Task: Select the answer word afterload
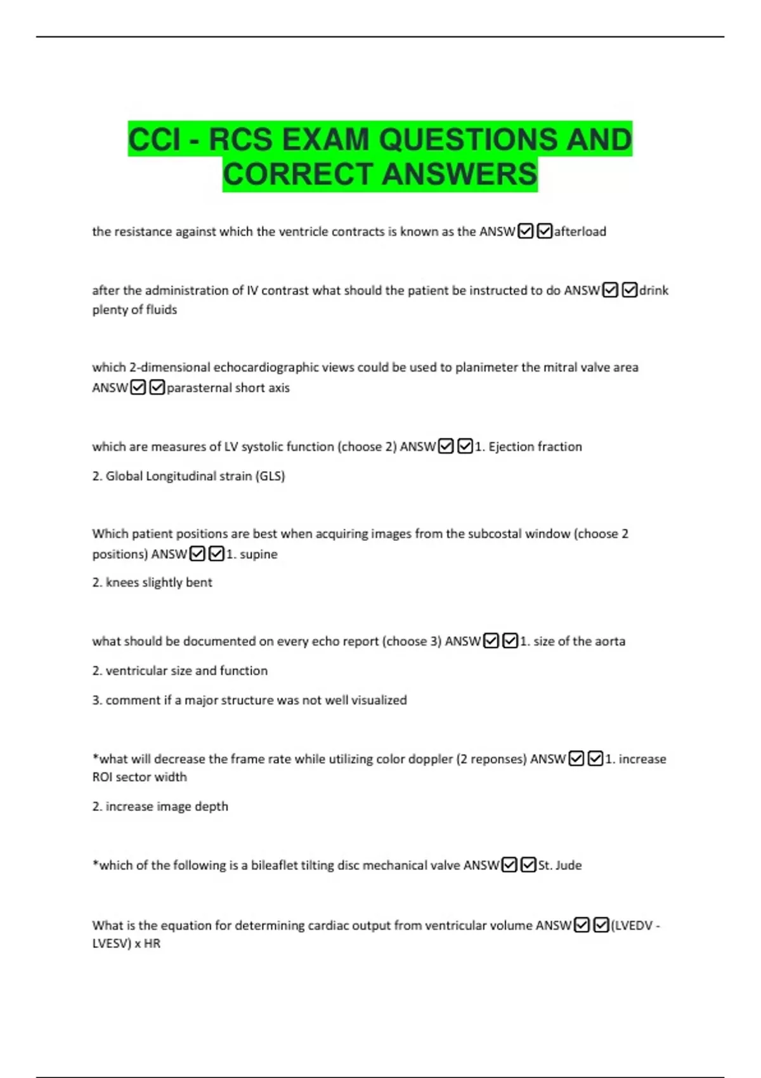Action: click(x=580, y=232)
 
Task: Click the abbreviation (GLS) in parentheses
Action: click(x=270, y=476)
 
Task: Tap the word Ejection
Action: click(x=511, y=447)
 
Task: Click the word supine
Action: click(x=259, y=554)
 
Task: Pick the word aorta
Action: click(x=610, y=642)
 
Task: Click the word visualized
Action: click(x=379, y=701)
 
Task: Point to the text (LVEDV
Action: click(x=632, y=926)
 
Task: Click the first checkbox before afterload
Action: click(x=525, y=231)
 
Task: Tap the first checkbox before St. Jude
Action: click(x=509, y=865)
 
